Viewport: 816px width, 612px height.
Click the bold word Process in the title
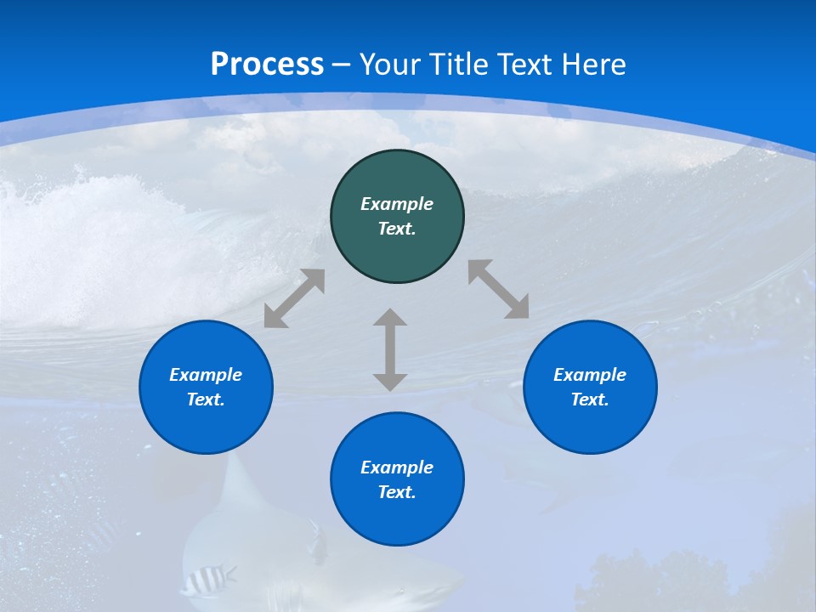(x=267, y=65)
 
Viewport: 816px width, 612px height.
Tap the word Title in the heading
(x=461, y=65)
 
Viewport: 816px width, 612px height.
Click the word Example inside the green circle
(x=397, y=204)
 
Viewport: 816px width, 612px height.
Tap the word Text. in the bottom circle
(x=397, y=492)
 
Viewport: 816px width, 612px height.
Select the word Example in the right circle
(x=590, y=375)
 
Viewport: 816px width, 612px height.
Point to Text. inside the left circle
(x=206, y=399)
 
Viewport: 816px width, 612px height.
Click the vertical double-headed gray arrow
(x=390, y=350)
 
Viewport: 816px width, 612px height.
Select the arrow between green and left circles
(x=294, y=298)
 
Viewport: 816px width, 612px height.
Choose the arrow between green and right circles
(x=499, y=289)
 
